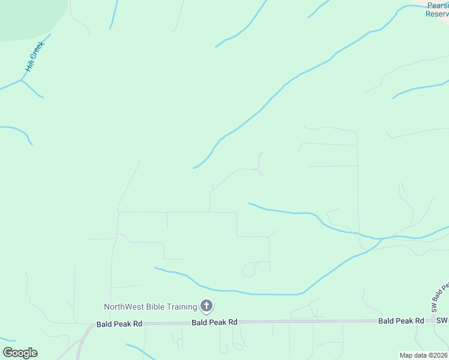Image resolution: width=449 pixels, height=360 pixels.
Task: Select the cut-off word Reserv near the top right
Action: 437,14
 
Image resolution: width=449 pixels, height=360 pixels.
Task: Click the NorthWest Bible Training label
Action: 151,307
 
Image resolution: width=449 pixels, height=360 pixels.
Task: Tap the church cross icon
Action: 206,307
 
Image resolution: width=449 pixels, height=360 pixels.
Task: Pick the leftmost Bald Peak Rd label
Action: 119,324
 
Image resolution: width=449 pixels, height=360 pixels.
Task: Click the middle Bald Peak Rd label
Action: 215,322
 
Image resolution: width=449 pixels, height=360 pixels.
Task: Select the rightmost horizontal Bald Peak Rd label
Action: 401,321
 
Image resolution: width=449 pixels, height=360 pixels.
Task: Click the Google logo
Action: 20,353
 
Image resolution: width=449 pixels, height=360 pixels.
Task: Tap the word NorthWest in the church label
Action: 123,307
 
